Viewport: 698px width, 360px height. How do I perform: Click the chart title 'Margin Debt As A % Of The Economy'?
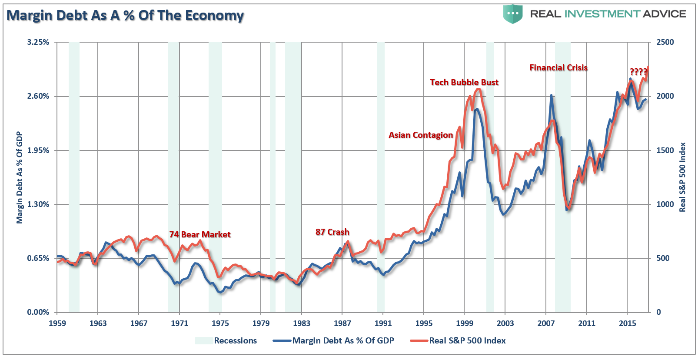[125, 16]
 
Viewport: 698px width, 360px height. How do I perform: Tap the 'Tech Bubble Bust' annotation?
[464, 82]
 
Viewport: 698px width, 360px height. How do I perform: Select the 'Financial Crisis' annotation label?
[558, 67]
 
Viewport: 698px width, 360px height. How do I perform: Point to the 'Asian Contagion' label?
[420, 135]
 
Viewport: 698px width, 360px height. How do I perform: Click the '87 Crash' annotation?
[332, 232]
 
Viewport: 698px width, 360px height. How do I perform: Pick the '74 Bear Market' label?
[199, 234]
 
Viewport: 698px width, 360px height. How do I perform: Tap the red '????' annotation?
[638, 72]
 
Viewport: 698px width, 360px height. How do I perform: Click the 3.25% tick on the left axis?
[38, 42]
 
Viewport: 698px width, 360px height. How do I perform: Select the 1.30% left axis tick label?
[38, 204]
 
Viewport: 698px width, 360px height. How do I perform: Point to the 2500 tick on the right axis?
[665, 42]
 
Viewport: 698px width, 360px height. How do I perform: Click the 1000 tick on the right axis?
[665, 204]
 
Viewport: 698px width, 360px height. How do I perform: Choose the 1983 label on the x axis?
[302, 323]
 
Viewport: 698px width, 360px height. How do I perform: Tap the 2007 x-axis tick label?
[546, 323]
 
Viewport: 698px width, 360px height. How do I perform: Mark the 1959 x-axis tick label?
[57, 323]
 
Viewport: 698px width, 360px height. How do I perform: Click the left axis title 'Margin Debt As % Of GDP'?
[20, 177]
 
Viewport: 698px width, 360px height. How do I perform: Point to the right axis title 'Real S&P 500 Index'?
[682, 177]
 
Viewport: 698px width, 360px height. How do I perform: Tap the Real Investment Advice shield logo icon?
[513, 14]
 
